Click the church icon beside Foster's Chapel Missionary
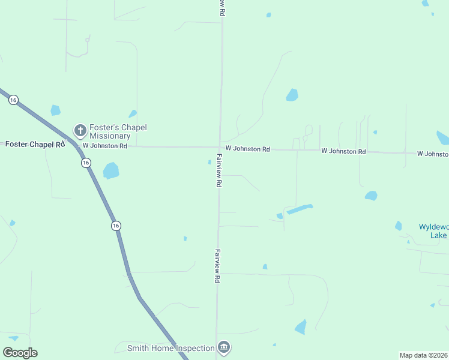[x=80, y=130]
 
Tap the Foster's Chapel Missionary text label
[x=118, y=131]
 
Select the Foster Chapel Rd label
[x=35, y=145]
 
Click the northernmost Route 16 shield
[x=13, y=100]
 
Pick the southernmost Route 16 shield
[x=115, y=225]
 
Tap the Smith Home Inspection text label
[x=171, y=348]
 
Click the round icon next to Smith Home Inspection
[x=224, y=347]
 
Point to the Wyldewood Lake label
[x=433, y=231]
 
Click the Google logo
[x=20, y=353]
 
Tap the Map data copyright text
[x=423, y=355]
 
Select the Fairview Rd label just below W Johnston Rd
[x=219, y=171]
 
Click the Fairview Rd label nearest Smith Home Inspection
[x=217, y=266]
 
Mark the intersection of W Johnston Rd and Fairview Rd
[x=220, y=148]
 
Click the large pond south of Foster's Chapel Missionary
[x=111, y=171]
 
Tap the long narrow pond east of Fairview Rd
[x=300, y=209]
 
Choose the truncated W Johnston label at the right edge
[x=432, y=154]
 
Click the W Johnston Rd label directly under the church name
[x=105, y=146]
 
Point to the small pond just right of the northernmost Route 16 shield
[x=55, y=110]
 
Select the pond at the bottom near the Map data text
[x=300, y=327]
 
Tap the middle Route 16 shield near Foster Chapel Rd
[x=86, y=163]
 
